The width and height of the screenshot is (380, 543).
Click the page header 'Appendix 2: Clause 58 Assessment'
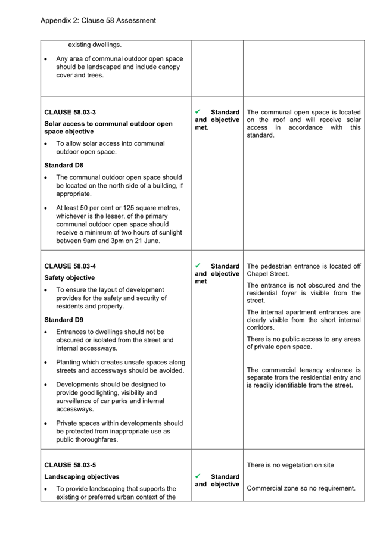pos(98,20)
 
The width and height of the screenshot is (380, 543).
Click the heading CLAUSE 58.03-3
pos(70,112)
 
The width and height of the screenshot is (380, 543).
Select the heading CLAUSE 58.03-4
pos(70,266)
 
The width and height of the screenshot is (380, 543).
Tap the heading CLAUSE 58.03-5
pos(70,464)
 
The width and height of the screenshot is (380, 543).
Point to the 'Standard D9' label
pos(63,320)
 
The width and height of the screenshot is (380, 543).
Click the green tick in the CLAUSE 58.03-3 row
pos(199,111)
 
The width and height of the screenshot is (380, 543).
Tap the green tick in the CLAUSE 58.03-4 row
pos(199,266)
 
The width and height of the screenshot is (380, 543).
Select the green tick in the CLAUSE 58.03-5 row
pos(199,476)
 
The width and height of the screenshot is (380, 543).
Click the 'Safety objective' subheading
pos(69,277)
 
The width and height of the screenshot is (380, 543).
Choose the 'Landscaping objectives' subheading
pos(82,476)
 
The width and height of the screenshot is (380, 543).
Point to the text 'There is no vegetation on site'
pos(290,465)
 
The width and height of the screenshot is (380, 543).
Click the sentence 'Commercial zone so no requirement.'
pos(301,488)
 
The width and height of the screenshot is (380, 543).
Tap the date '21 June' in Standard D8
pos(147,241)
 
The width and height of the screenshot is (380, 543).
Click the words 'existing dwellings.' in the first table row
pos(95,45)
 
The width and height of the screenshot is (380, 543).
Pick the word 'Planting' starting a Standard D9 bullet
pos(70,362)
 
